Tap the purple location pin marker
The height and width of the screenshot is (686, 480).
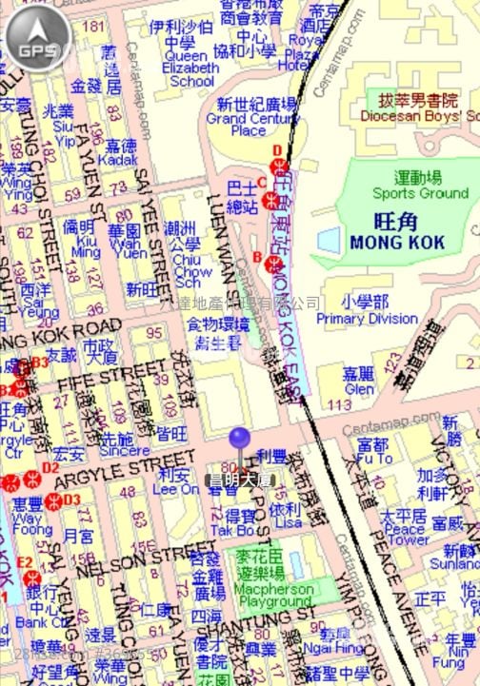tap(238, 440)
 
